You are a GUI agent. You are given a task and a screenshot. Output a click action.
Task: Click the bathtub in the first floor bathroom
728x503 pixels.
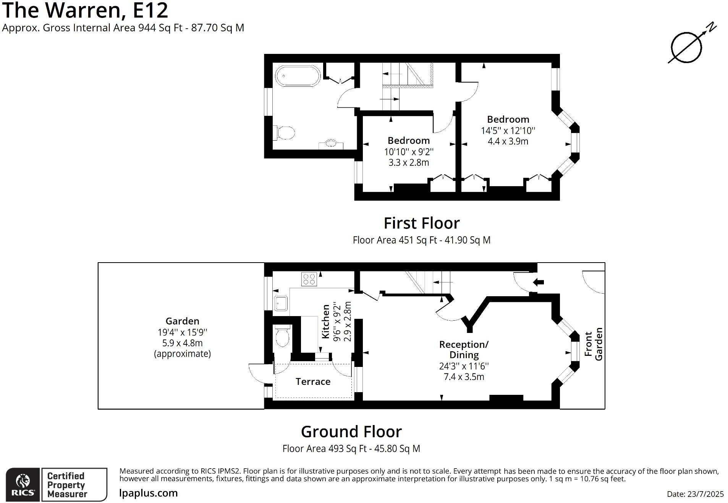click(x=298, y=76)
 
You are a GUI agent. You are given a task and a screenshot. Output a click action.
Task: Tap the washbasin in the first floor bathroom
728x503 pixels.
click(x=331, y=144)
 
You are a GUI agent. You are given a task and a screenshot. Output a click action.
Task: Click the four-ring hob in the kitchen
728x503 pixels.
click(x=309, y=279)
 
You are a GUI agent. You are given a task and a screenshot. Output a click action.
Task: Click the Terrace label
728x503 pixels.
click(x=313, y=381)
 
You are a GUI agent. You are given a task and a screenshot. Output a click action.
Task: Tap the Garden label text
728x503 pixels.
click(x=182, y=321)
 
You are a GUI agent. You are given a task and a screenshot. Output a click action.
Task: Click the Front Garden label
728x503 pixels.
click(x=594, y=344)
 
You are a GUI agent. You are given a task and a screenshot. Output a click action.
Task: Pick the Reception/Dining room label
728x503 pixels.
click(x=464, y=349)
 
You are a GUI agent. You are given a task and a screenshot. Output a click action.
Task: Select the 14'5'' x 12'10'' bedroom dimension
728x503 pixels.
click(x=508, y=131)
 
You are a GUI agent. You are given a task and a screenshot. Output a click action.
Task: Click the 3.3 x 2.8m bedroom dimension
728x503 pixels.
click(x=409, y=162)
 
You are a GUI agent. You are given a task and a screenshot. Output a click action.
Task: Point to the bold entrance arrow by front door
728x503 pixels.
click(x=539, y=282)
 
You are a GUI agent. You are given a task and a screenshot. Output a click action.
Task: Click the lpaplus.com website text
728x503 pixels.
click(x=148, y=493)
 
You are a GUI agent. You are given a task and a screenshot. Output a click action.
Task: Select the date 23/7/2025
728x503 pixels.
click(x=695, y=494)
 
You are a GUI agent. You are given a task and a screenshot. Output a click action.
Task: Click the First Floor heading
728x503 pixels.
click(x=421, y=223)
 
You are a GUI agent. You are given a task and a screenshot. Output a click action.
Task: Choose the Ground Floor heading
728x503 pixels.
click(x=351, y=432)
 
